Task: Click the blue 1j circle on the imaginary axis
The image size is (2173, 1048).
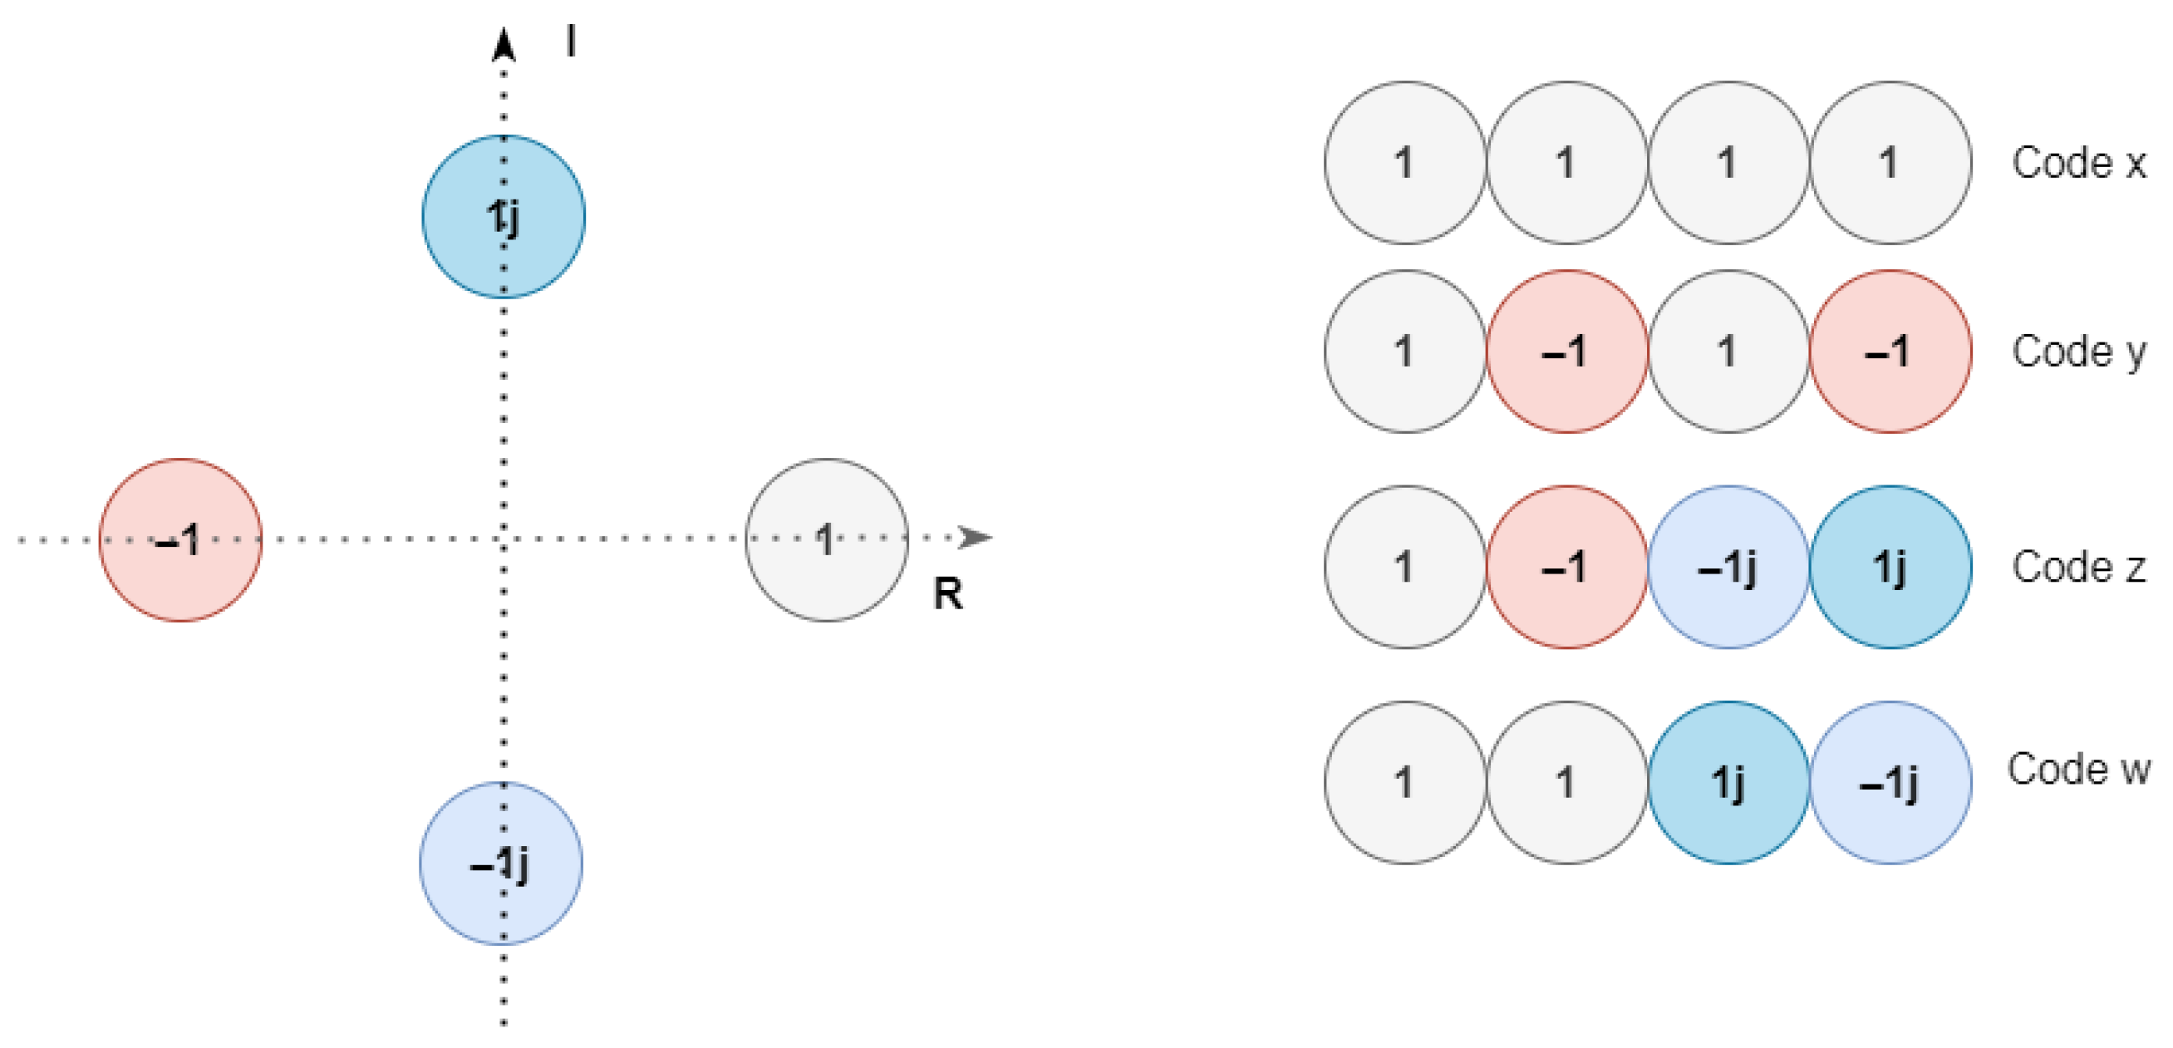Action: [x=504, y=217]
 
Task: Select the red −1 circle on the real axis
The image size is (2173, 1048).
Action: [x=180, y=540]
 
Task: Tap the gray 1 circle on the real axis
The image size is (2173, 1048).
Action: [x=827, y=540]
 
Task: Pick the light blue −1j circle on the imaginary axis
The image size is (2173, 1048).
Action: [x=501, y=863]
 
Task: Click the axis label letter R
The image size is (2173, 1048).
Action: [x=947, y=594]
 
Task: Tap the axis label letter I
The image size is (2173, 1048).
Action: [x=571, y=41]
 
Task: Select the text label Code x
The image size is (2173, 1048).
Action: [x=2078, y=163]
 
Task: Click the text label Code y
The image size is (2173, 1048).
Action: [x=2078, y=351]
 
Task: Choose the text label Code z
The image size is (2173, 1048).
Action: [x=2078, y=567]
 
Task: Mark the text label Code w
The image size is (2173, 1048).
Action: [x=2078, y=769]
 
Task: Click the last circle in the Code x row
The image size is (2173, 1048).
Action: [x=1890, y=163]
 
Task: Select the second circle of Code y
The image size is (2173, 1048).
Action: [x=1566, y=351]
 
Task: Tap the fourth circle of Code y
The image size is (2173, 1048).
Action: [x=1890, y=351]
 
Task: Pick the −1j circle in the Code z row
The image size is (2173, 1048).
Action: [x=1728, y=567]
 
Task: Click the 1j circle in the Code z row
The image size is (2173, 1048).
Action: [x=1890, y=567]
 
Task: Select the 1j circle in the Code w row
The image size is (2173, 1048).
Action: [x=1728, y=782]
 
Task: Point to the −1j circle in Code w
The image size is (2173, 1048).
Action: [x=1890, y=782]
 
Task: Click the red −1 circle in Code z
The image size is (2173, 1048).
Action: [x=1566, y=567]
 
